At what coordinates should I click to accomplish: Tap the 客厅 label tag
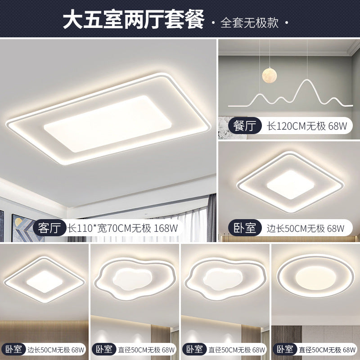pyautogui.click(x=49, y=227)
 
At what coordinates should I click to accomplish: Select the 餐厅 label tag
pyautogui.click(x=245, y=126)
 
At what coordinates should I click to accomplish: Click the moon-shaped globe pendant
pyautogui.click(x=268, y=75)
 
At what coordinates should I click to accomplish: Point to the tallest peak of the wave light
pyautogui.click(x=306, y=82)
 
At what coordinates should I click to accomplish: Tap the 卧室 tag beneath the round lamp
pyautogui.click(x=285, y=349)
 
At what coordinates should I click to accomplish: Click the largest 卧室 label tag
pyautogui.click(x=245, y=228)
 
